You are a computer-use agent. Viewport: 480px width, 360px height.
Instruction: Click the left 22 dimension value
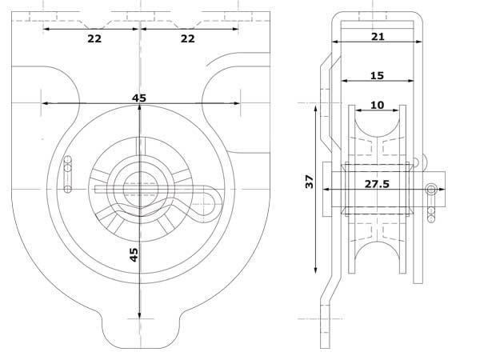[94, 38]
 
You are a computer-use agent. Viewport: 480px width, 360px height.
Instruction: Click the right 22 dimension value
[188, 38]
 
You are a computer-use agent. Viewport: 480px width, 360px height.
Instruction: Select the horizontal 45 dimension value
[139, 98]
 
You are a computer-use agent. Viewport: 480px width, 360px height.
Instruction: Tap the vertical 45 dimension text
[134, 254]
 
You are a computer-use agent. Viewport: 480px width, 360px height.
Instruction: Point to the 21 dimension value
[378, 37]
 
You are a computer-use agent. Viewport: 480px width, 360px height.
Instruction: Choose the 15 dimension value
[377, 76]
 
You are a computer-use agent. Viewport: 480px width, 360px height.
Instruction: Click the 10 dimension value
[377, 105]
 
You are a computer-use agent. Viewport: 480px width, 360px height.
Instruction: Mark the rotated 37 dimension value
[310, 182]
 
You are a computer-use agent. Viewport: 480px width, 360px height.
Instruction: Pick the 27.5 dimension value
[377, 184]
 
